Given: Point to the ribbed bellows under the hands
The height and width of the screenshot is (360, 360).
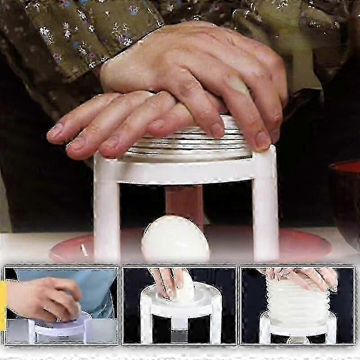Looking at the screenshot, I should (189, 144).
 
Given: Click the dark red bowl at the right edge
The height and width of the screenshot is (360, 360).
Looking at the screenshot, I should (346, 198).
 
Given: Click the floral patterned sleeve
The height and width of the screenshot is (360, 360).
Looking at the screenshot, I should (67, 36).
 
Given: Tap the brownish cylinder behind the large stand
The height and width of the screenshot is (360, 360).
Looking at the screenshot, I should (184, 202).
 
